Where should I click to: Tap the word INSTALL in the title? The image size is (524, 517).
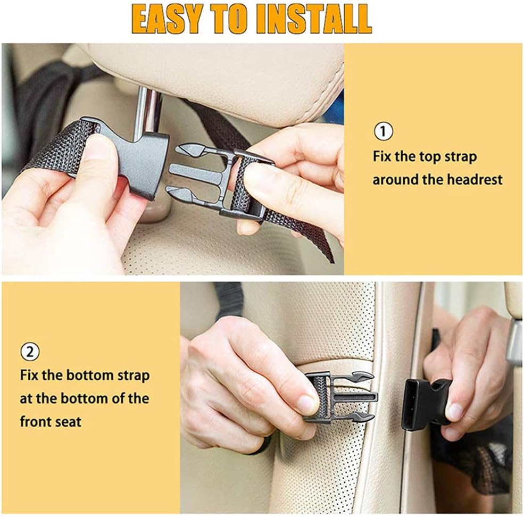313,20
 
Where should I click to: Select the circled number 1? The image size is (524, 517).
384,131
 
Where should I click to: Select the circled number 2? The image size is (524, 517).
30,352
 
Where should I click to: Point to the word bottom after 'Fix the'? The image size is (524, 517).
90,375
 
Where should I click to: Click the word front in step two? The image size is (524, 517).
35,422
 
